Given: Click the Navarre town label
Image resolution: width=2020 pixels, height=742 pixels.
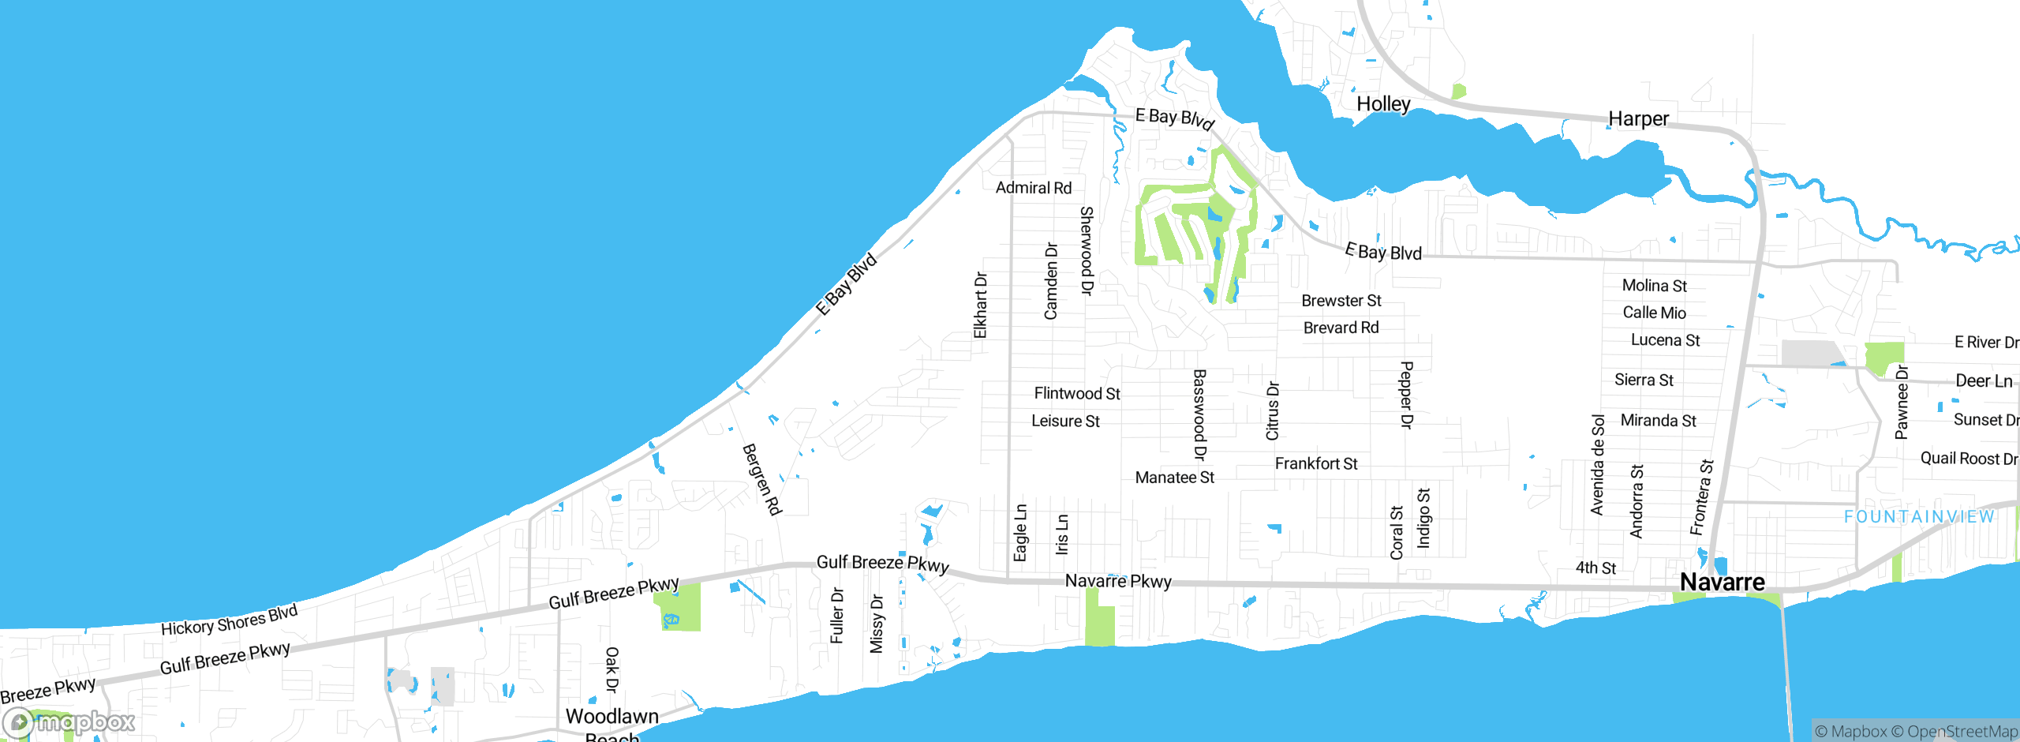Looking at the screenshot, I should coord(1722,583).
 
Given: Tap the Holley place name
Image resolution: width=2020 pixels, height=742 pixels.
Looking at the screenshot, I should coord(1383,104).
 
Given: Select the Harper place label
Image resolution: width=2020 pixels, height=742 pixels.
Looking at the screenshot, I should coord(1638,119).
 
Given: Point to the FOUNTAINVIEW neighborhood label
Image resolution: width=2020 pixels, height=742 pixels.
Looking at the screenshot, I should coord(1919,517).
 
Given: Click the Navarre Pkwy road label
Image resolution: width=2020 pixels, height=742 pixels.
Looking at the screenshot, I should coord(1118,581).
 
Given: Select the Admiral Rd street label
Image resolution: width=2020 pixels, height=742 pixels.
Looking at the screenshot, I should coord(1033,188).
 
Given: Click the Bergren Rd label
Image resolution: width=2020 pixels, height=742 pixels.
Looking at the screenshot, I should coord(761,479).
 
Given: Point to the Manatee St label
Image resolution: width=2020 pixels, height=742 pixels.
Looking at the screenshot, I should coord(1174,478).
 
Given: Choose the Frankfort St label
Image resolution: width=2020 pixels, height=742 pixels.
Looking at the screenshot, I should coord(1315,464).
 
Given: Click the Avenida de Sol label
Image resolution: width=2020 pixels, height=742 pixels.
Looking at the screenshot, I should coord(1598,465).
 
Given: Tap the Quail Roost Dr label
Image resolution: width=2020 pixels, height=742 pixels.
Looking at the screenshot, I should coord(1968,459).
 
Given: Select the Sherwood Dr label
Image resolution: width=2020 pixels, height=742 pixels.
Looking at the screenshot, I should coord(1087,250).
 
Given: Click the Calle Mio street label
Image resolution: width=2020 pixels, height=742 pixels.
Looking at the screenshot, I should coord(1654,313).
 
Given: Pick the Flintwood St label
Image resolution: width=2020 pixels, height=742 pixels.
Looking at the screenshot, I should coord(1077,393).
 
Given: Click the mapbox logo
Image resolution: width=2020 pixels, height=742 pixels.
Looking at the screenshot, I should coord(69,721).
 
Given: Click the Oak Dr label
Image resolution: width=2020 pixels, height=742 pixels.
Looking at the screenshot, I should coord(612,669).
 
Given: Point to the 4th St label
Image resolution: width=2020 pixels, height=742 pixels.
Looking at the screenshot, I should coord(1595,568).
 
